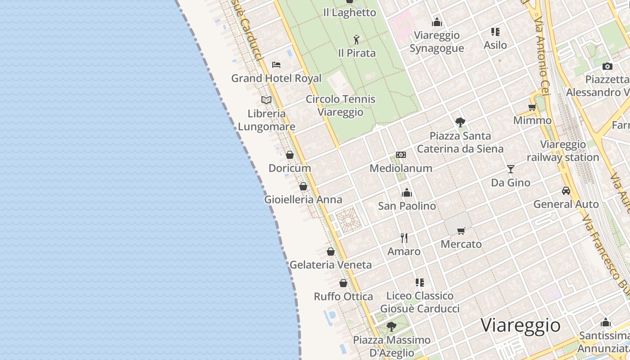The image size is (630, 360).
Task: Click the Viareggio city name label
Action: [x=521, y=325]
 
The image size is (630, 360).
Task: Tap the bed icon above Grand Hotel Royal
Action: [x=276, y=65]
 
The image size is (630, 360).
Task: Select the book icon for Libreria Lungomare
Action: [x=266, y=100]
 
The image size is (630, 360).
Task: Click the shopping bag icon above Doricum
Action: [x=290, y=155]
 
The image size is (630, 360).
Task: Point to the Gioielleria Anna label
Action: [x=303, y=199]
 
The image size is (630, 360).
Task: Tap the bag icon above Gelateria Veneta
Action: [x=331, y=252]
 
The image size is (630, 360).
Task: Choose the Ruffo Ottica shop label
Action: [x=343, y=297]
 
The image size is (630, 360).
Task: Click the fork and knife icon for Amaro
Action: [x=404, y=238]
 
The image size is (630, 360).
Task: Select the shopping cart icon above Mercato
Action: [x=461, y=231]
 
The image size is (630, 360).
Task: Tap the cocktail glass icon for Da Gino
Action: [x=510, y=169]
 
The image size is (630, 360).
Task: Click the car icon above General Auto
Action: [x=566, y=191]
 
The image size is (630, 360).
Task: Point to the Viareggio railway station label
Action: [x=563, y=151]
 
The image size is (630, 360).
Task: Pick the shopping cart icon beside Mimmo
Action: [x=532, y=107]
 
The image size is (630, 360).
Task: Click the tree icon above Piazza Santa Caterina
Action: [x=460, y=122]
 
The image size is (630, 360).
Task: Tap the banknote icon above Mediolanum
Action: [x=401, y=155]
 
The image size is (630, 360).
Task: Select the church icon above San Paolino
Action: [x=407, y=193]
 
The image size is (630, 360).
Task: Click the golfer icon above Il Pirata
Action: [x=356, y=40]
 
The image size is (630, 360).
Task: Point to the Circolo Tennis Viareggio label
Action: [x=340, y=105]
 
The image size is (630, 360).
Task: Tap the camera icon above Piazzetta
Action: [x=607, y=66]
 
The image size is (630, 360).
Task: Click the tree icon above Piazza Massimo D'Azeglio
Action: [x=391, y=326]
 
